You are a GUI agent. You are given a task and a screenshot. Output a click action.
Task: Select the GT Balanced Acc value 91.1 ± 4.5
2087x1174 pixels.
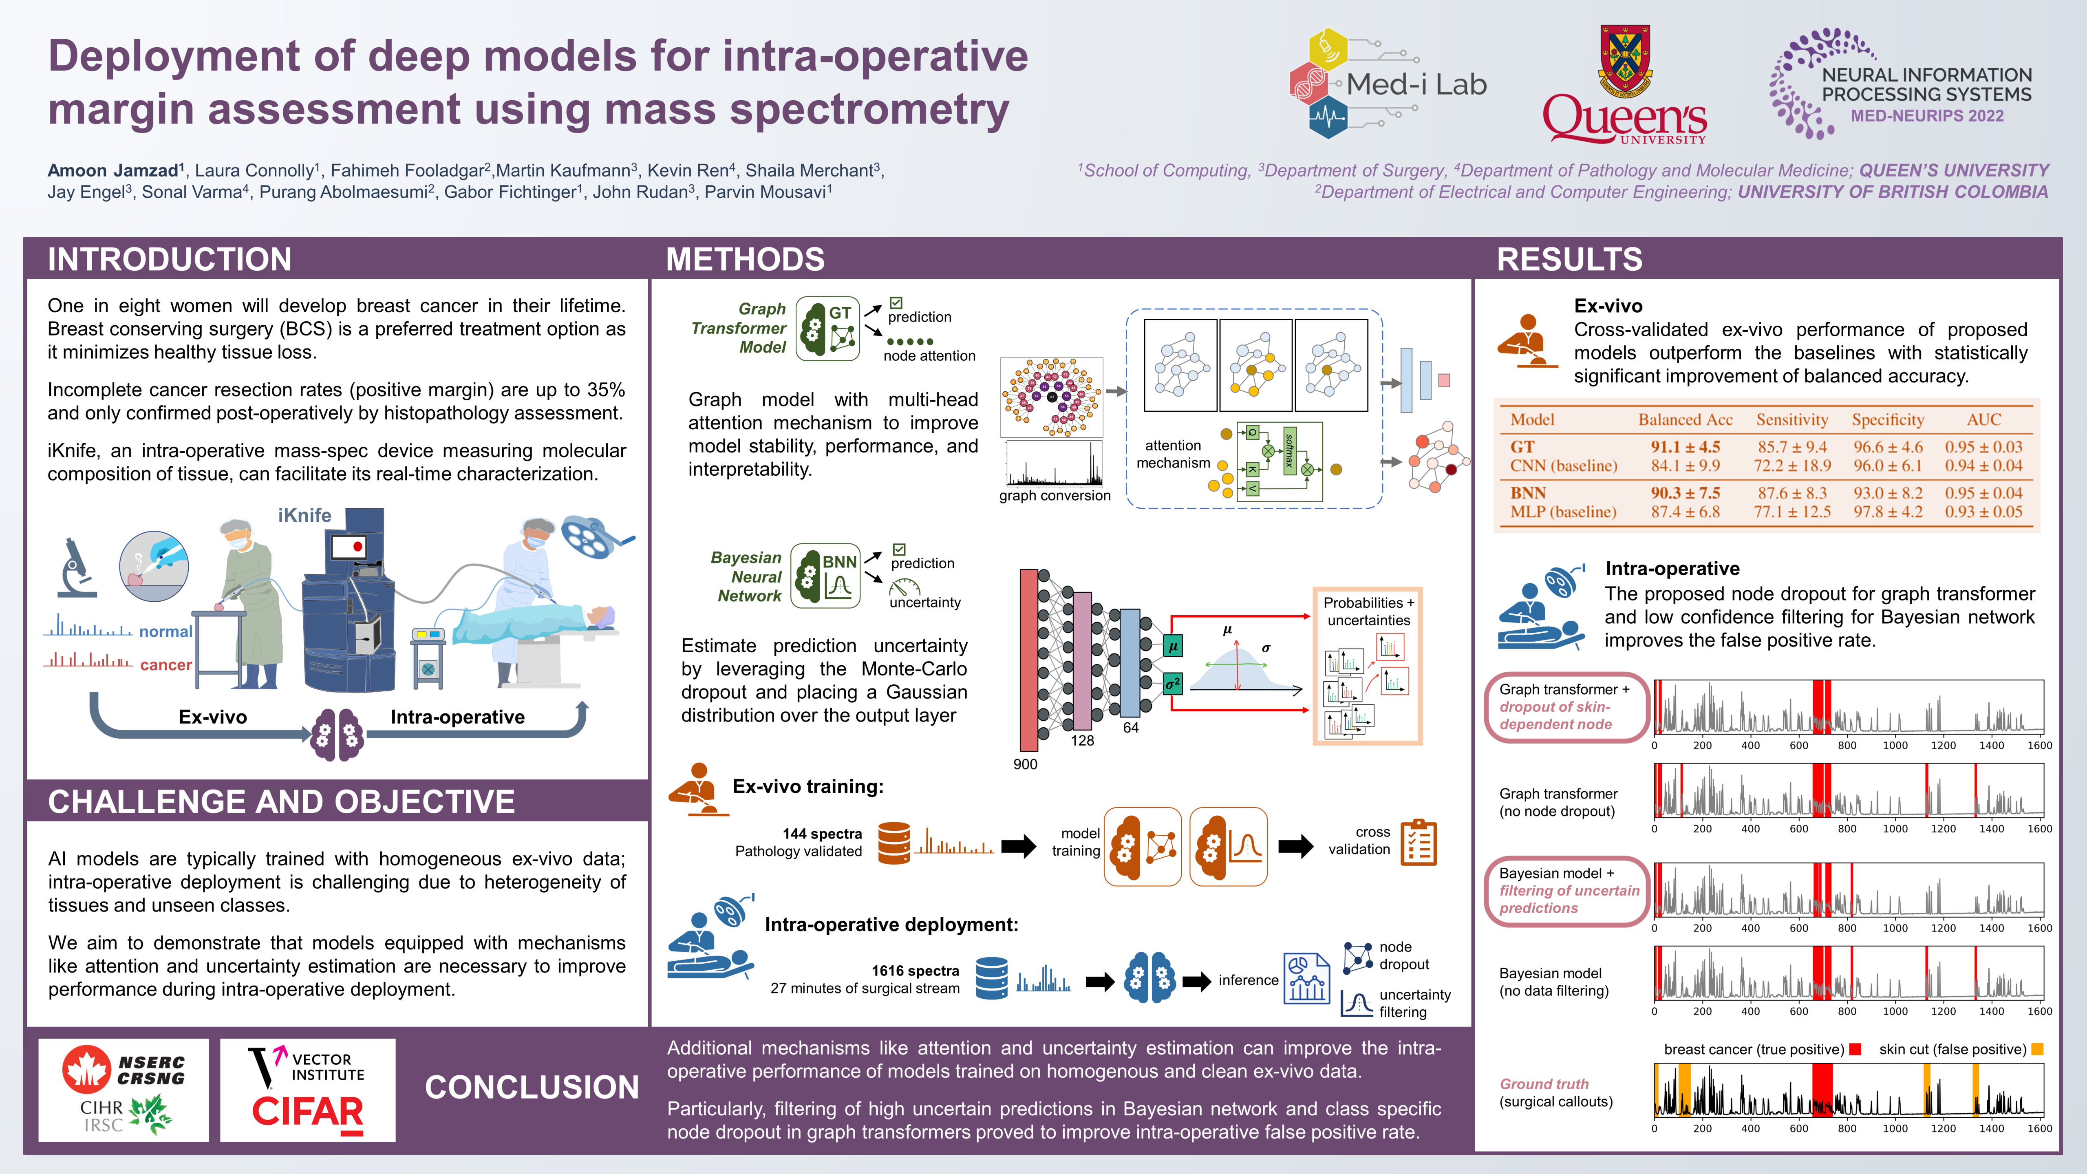point(1685,446)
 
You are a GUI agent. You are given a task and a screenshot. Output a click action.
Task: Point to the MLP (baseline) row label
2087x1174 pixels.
point(1563,512)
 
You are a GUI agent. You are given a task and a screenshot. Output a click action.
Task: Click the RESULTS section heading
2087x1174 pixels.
point(1569,259)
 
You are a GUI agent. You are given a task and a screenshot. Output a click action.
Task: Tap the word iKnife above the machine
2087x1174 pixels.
point(304,515)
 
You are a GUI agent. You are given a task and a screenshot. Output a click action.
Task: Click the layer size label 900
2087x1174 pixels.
point(1025,764)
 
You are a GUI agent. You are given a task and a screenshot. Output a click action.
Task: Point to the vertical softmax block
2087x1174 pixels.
point(1289,450)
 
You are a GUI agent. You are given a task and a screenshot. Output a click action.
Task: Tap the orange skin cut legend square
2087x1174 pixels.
point(2038,1049)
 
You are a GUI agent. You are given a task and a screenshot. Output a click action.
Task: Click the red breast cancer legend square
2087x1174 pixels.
point(1855,1049)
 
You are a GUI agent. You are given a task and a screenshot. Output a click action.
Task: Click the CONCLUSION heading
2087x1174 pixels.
point(532,1087)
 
